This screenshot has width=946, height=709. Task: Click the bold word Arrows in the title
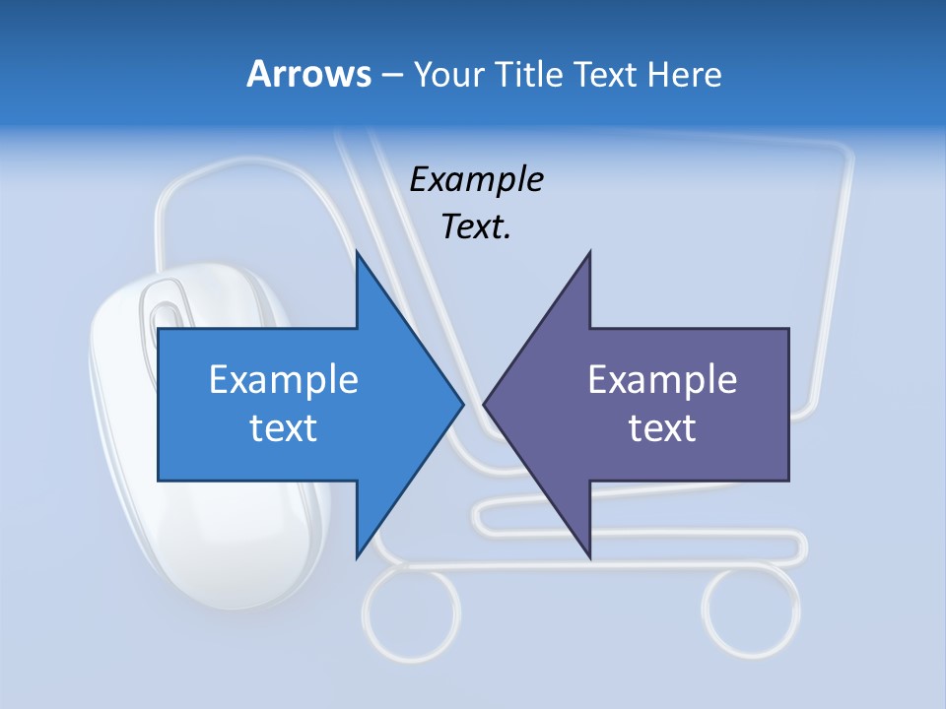308,74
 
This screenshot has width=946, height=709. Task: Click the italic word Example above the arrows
476,179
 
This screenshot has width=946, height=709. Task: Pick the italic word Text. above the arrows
476,226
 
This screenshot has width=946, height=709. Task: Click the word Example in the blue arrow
284,379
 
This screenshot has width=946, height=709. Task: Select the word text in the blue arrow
284,427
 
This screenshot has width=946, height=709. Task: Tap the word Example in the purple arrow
662,379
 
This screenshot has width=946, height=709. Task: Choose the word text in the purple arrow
662,427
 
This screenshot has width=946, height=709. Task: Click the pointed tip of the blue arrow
461,404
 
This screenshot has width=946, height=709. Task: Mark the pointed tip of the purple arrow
486,404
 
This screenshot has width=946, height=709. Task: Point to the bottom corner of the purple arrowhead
589,556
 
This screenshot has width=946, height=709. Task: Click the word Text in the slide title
603,74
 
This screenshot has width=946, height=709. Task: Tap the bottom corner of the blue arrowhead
358,556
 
